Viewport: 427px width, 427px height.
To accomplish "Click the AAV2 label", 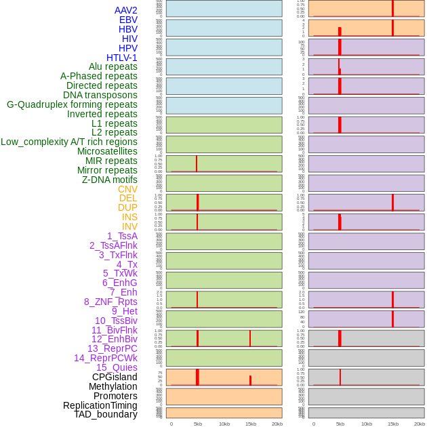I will click(x=125, y=10).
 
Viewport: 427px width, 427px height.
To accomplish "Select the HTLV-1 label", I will click(x=121, y=58).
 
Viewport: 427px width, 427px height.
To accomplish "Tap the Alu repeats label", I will click(x=113, y=66).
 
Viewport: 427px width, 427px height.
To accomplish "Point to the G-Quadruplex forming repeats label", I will click(x=72, y=104).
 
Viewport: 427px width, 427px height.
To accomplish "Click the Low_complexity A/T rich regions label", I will click(x=69, y=142).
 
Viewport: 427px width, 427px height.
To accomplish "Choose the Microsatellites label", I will click(x=107, y=151).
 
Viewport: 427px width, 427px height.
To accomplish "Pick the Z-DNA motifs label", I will click(x=109, y=180).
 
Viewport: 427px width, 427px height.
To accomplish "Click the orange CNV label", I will click(x=127, y=189).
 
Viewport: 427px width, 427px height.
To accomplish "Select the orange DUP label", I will click(x=127, y=207).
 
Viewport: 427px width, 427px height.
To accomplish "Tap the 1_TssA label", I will click(x=122, y=236).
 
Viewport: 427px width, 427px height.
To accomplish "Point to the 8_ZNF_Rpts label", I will click(x=110, y=302).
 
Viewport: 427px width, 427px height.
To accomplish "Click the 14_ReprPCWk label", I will click(x=106, y=358).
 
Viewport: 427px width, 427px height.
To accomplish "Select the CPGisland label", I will click(x=115, y=377).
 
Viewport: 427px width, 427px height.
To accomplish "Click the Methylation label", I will click(x=113, y=386).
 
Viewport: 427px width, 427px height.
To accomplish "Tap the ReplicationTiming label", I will click(x=100, y=405).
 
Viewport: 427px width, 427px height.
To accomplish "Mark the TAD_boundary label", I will click(x=105, y=414).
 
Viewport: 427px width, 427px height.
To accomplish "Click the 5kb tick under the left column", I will click(x=198, y=424).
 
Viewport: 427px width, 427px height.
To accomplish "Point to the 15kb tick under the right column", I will click(x=393, y=424).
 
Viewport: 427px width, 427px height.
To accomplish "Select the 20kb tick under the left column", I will click(x=277, y=424).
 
